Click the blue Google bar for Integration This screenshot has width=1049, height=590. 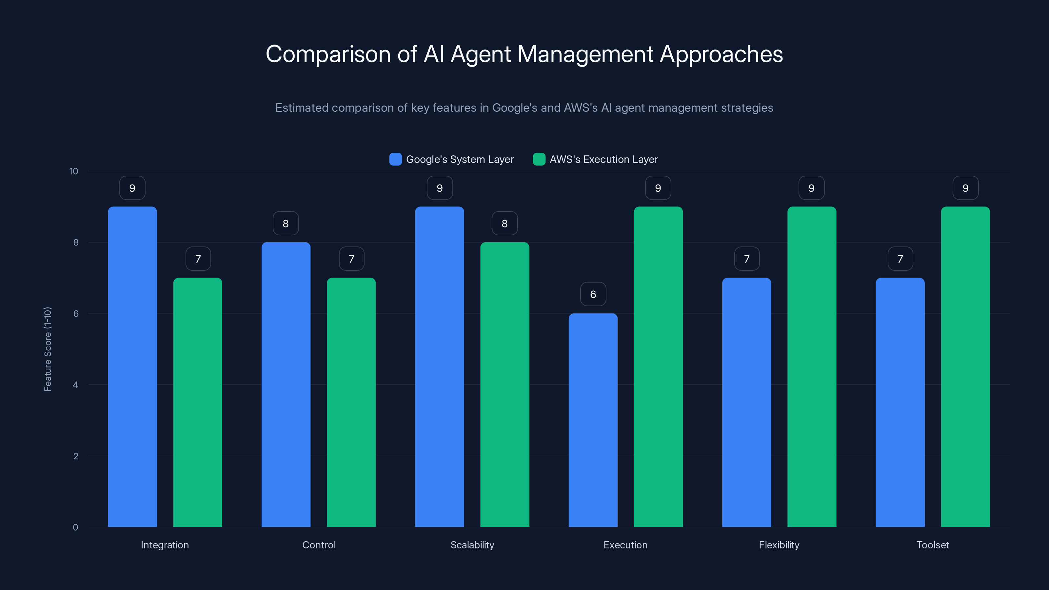(132, 366)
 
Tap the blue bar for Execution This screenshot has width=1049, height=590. (593, 420)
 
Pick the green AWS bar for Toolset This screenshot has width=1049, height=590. (965, 366)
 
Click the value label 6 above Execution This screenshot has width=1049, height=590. (593, 294)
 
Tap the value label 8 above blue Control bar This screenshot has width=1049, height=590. (286, 223)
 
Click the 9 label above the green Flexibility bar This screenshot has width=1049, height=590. (811, 188)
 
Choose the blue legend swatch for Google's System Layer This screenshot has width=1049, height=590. (395, 159)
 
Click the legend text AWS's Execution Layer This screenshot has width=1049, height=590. (604, 159)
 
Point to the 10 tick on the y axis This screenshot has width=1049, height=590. (74, 171)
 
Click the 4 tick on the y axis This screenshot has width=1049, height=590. (75, 385)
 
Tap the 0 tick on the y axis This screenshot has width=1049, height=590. (75, 527)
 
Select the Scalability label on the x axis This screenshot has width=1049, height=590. (472, 545)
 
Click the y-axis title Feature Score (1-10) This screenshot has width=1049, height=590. (48, 349)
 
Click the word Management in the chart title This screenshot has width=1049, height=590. (585, 54)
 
